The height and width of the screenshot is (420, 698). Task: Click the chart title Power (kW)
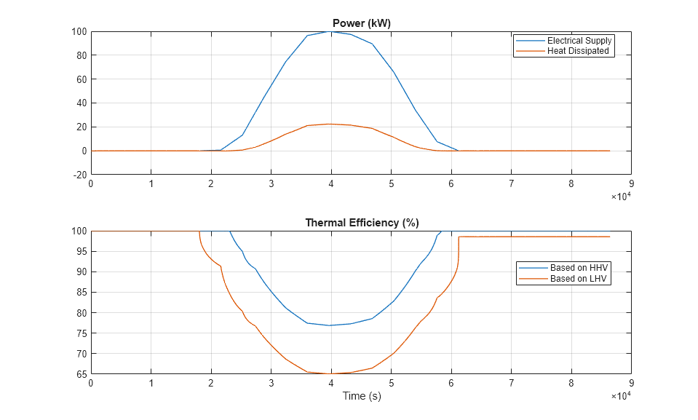point(361,23)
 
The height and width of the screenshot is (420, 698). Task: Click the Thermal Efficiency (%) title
point(361,223)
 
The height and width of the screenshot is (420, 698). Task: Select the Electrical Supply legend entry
point(579,41)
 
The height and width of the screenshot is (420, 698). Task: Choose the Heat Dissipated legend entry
point(578,51)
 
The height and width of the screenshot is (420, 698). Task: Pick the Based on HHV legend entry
point(579,268)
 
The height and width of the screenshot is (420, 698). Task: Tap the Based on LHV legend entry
point(579,278)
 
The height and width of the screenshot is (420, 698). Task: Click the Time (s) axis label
point(361,396)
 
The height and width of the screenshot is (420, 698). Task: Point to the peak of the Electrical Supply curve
point(331,31)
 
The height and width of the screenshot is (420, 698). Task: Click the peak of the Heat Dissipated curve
point(331,124)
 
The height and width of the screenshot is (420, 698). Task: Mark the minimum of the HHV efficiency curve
point(331,325)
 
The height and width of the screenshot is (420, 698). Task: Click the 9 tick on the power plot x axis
point(631,184)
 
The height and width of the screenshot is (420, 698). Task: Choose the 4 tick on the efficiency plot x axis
point(331,384)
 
